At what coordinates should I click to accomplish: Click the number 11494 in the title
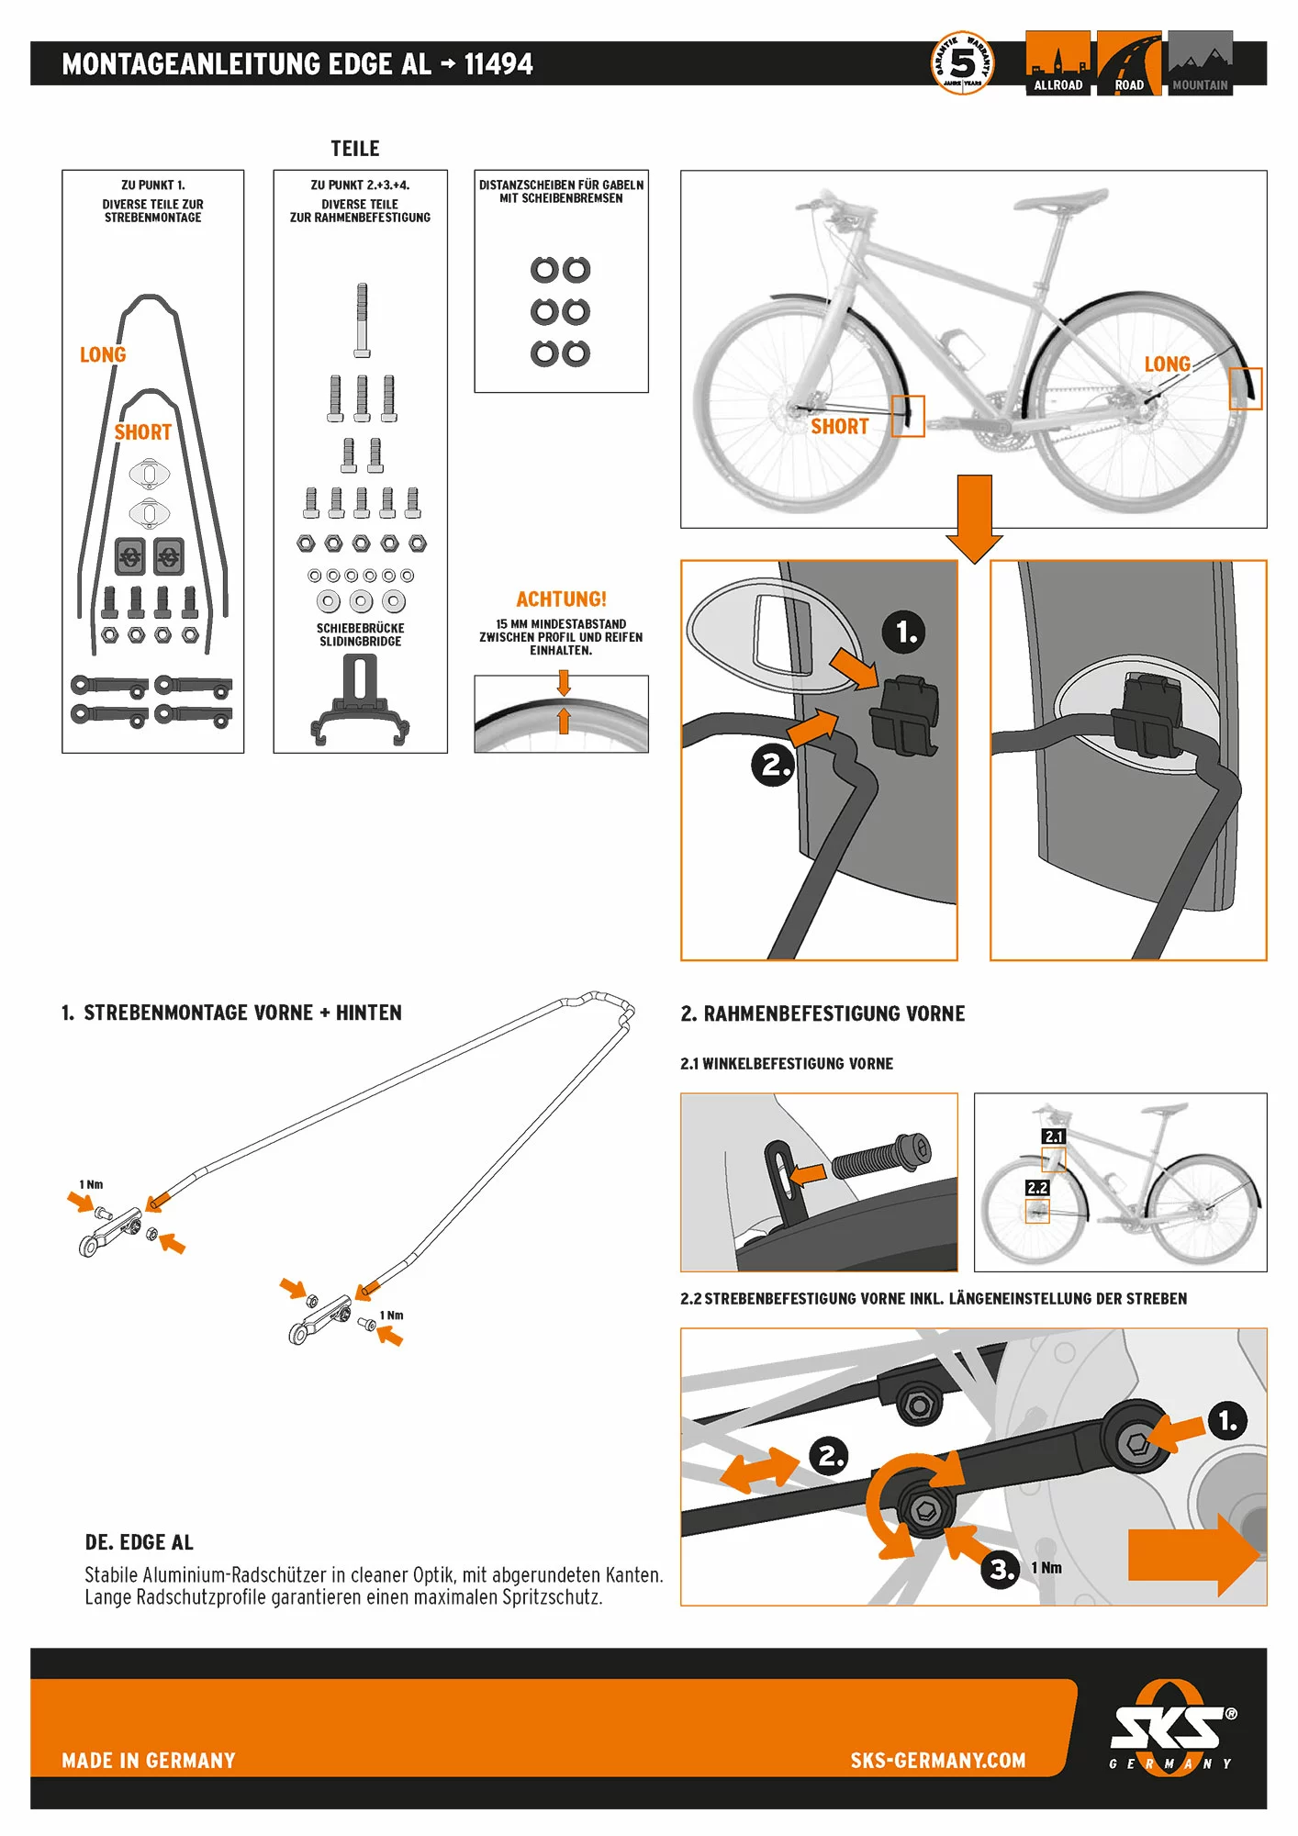[x=498, y=64]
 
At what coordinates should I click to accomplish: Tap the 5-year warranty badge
[x=962, y=63]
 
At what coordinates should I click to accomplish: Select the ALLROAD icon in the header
[x=1057, y=63]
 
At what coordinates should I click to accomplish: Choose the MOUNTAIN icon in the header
[x=1200, y=63]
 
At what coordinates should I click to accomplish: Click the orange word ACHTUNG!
[x=561, y=599]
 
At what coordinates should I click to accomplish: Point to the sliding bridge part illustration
[x=360, y=702]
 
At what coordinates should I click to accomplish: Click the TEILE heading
[x=355, y=149]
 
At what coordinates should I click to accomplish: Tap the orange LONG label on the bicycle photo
[x=1167, y=364]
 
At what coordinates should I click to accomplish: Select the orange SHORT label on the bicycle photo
[x=839, y=427]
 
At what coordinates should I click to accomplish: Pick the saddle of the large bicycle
[x=1065, y=199]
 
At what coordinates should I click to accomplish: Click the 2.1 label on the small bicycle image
[x=1054, y=1136]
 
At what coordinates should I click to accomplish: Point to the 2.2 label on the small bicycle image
[x=1037, y=1188]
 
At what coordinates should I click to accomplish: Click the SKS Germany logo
[x=1171, y=1729]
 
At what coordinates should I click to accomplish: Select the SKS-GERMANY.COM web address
[x=937, y=1761]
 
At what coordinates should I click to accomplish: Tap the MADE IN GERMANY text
[x=149, y=1761]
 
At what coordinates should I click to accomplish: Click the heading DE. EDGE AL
[x=140, y=1542]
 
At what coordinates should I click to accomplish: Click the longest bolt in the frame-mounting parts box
[x=362, y=319]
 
